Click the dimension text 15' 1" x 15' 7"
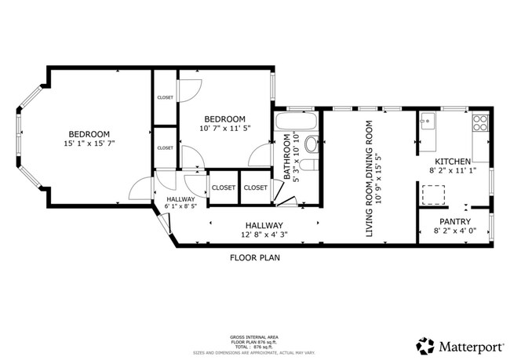coord(88,144)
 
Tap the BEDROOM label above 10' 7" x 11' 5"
coord(225,118)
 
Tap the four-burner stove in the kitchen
coord(479,122)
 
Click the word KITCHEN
coord(452,161)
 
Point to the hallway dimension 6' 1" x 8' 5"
coord(185,209)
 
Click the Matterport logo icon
coord(425,345)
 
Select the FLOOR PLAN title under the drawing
coord(254,257)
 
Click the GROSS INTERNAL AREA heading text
coord(254,334)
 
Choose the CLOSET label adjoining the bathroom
coord(255,187)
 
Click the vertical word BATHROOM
coord(287,158)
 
